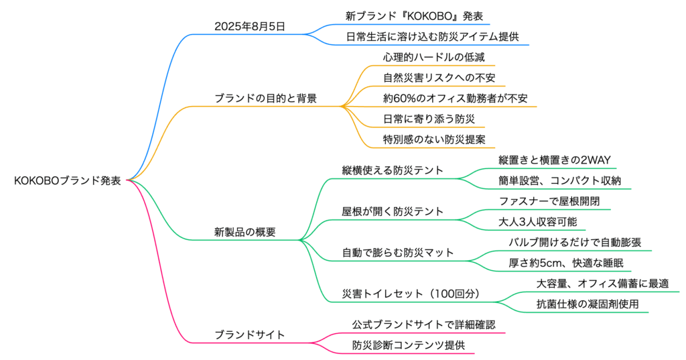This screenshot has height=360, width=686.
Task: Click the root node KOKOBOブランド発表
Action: coord(67,180)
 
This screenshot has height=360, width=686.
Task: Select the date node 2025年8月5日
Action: coord(249,27)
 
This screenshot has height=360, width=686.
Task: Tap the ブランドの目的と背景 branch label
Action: coord(266,98)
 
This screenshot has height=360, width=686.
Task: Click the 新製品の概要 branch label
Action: coord(245,232)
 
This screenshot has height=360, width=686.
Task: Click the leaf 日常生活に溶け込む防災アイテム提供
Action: coord(433,36)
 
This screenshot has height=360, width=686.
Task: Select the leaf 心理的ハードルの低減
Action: coord(424,57)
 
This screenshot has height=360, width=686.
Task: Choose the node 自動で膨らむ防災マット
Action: coord(398,253)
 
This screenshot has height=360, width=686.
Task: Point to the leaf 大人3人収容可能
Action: coord(538,221)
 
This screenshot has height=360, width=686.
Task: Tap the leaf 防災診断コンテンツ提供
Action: coord(409,345)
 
